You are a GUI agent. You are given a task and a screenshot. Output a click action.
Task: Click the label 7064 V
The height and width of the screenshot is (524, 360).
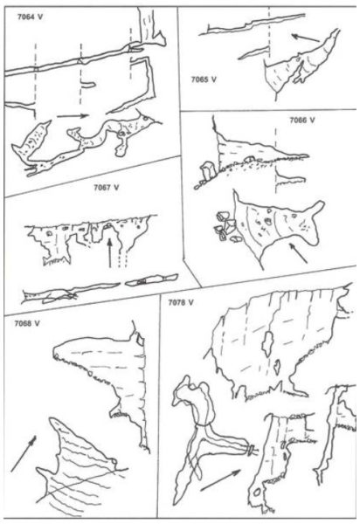(x=30, y=17)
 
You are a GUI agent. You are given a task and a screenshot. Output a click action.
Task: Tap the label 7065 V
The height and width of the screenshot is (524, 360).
(x=204, y=79)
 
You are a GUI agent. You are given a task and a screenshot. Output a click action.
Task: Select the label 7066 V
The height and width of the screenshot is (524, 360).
(x=302, y=120)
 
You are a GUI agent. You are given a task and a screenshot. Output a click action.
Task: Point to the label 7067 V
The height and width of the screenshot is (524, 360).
(x=107, y=188)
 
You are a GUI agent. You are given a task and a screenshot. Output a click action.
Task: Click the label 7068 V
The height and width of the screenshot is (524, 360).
(x=27, y=323)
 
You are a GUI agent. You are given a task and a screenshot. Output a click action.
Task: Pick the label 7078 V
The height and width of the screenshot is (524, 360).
(x=181, y=303)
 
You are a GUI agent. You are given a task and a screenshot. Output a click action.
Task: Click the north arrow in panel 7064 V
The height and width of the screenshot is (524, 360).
(x=73, y=116)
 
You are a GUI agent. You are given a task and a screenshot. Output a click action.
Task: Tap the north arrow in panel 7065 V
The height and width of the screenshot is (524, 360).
(x=306, y=38)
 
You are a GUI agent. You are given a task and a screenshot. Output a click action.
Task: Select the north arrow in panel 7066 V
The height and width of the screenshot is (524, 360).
(x=298, y=253)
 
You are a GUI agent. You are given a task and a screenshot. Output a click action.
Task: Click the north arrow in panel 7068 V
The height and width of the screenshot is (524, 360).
(x=24, y=453)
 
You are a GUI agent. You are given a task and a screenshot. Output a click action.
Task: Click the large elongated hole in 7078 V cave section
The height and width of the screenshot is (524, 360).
(x=267, y=343)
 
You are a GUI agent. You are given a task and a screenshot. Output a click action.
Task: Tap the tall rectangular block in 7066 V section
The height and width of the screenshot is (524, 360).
(x=208, y=171)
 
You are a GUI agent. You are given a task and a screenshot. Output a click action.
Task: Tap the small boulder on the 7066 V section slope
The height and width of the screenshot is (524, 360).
(x=250, y=159)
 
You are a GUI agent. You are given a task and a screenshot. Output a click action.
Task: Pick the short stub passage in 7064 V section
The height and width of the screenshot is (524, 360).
(x=87, y=85)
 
